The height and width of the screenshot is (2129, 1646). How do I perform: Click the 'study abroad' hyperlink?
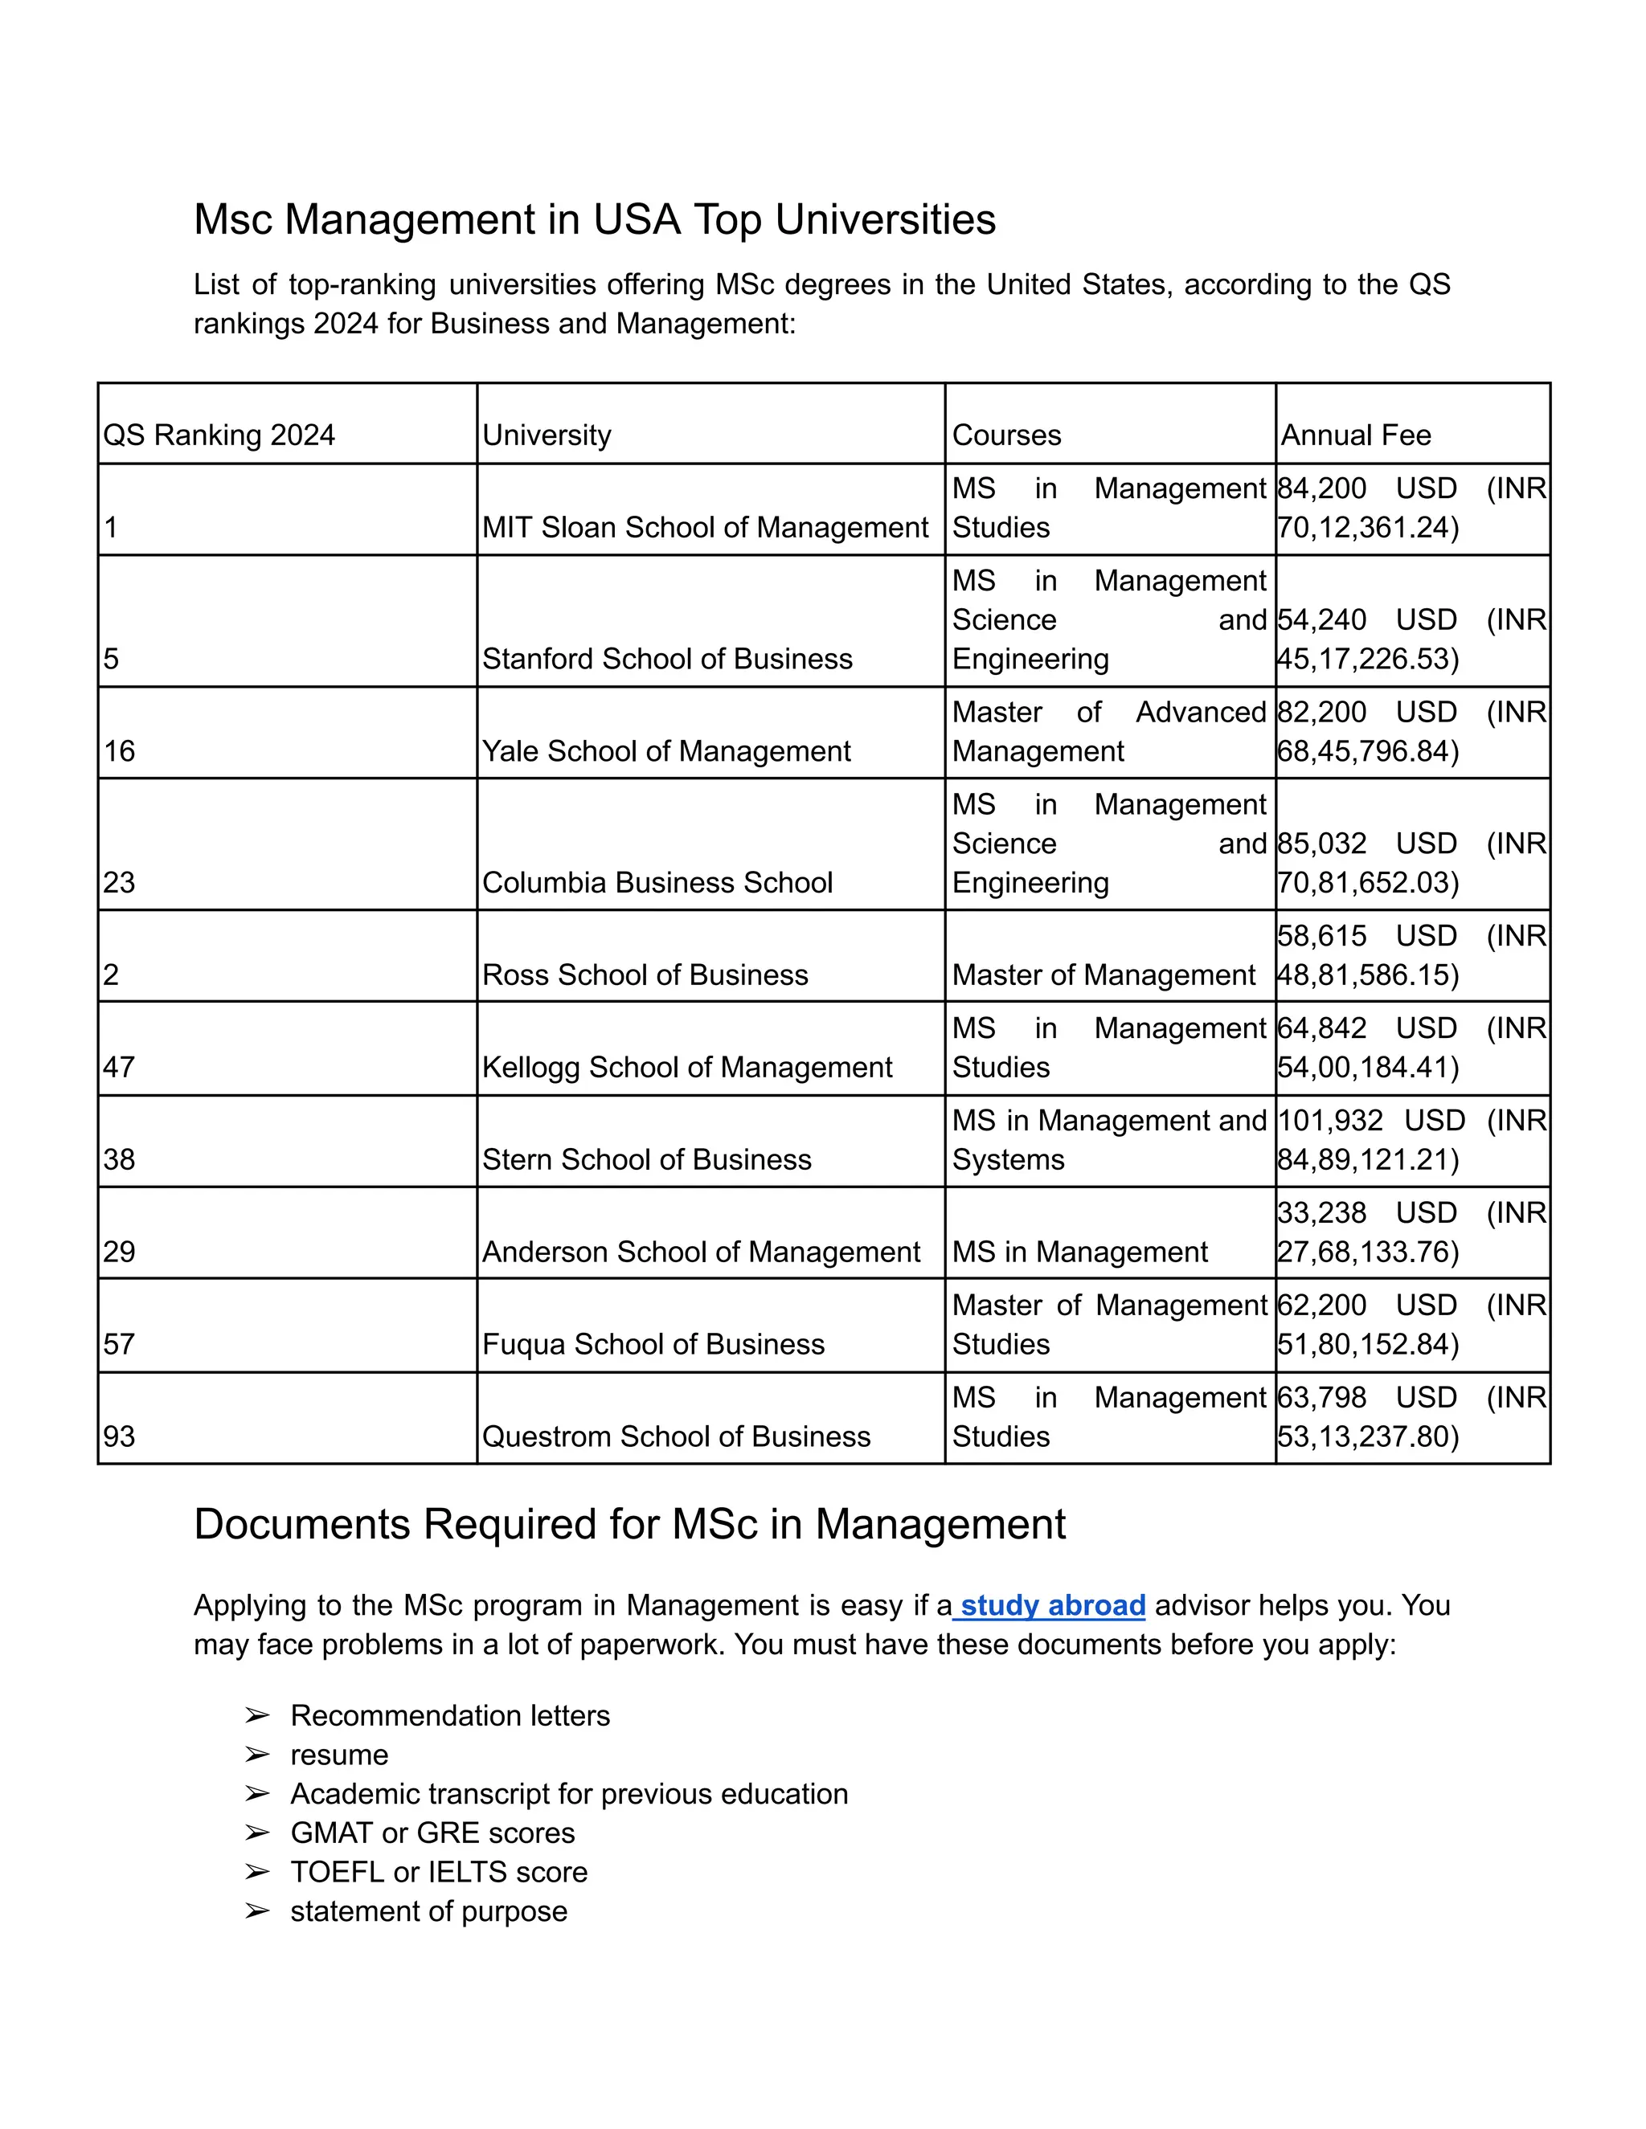(x=1051, y=1605)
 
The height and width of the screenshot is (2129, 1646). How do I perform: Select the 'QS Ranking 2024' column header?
(x=219, y=435)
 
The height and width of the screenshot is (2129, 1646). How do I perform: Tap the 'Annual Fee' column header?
(x=1355, y=435)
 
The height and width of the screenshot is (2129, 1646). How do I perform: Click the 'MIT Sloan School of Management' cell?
(x=705, y=527)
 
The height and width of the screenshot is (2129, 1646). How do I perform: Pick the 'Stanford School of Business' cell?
(x=667, y=659)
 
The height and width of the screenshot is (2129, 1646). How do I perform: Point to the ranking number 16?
(x=119, y=752)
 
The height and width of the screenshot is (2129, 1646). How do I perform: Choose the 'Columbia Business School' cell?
(x=657, y=883)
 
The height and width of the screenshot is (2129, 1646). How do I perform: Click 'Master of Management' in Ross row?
(x=1103, y=975)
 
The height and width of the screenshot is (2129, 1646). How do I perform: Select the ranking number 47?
(x=119, y=1068)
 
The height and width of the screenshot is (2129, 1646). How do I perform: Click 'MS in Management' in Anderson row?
(x=1079, y=1252)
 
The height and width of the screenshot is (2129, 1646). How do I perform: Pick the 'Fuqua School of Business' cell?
(x=653, y=1344)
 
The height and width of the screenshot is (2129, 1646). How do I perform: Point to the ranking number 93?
(x=119, y=1437)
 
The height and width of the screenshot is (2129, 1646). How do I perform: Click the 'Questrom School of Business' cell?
(x=676, y=1437)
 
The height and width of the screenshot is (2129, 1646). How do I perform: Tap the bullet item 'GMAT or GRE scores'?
(x=432, y=1833)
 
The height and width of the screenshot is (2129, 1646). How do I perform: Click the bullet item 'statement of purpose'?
(x=428, y=1910)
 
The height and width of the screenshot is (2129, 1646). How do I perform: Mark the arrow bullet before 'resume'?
(x=256, y=1755)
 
